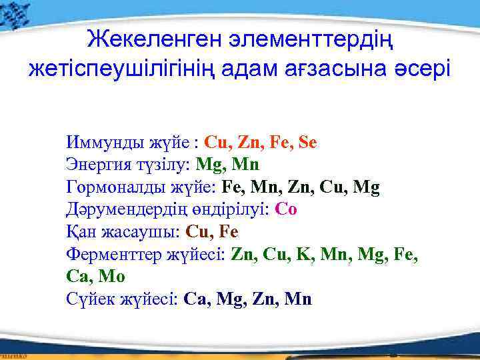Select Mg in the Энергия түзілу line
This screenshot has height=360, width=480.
[x=211, y=164]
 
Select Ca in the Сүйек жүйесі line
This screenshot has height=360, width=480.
[x=195, y=299]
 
